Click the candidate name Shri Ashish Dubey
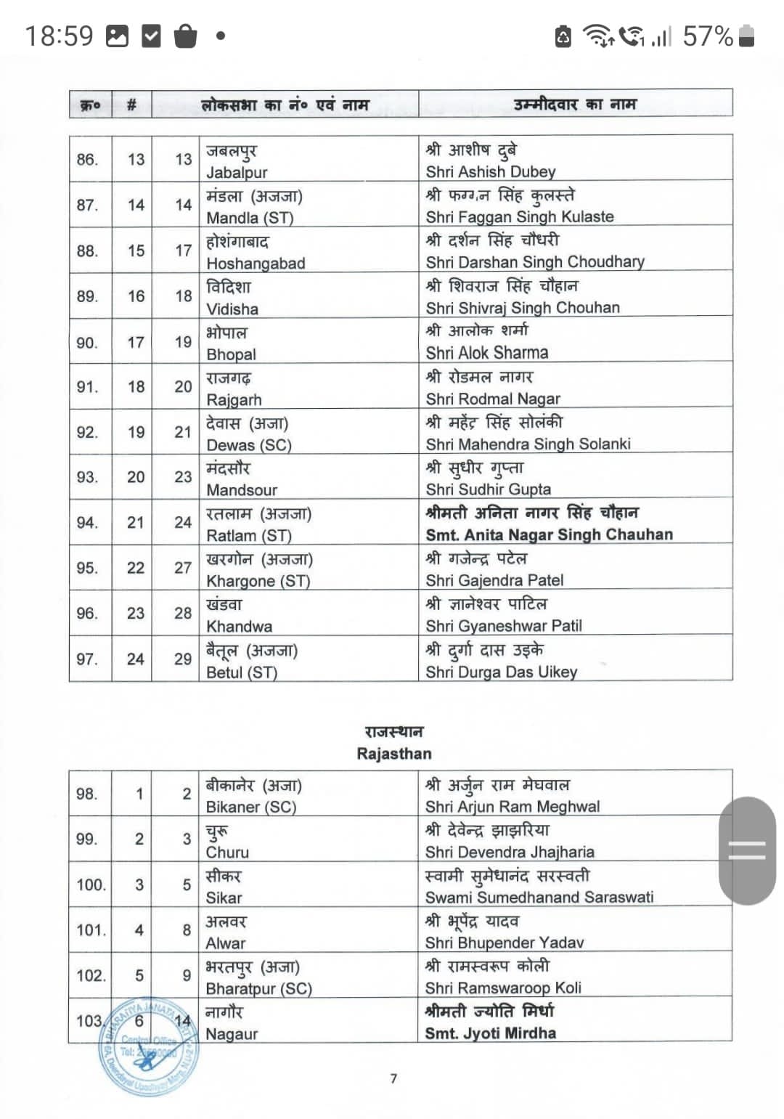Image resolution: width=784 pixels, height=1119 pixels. [490, 172]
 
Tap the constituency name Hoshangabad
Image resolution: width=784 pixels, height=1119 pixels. [256, 264]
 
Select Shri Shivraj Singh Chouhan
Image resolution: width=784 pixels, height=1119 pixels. [523, 308]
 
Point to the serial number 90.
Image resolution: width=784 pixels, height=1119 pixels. [87, 342]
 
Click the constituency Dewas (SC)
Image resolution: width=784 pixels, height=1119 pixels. [248, 445]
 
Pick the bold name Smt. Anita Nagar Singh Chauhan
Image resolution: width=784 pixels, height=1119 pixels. [549, 535]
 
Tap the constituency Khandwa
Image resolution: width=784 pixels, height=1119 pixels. [239, 627]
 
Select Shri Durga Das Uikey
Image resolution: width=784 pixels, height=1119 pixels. [501, 672]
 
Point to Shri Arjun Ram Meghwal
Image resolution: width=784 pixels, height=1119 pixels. [513, 807]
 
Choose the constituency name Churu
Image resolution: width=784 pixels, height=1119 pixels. [227, 853]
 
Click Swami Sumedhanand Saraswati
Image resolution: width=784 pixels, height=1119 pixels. [539, 898]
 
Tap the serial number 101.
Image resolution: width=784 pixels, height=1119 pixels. [91, 930]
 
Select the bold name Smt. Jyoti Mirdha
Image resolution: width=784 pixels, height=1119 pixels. [491, 1033]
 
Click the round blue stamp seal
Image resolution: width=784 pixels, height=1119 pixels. [149, 1046]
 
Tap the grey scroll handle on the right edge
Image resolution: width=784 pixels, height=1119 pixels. [747, 850]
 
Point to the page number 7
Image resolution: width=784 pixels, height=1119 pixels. [393, 1078]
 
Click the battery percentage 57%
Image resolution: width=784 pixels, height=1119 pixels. [708, 36]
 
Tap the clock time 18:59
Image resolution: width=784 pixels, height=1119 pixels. [60, 36]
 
